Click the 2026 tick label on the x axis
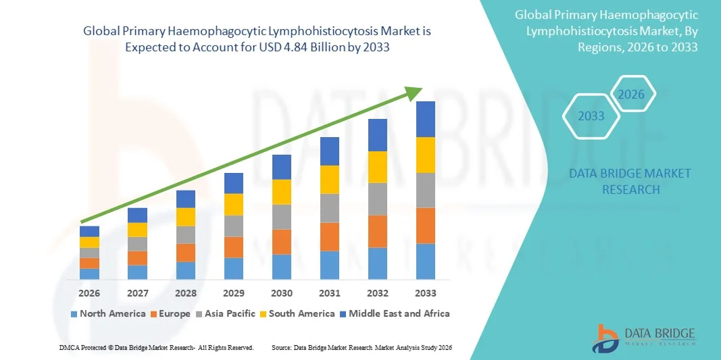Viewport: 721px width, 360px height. (89, 293)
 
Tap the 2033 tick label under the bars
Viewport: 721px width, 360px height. (426, 293)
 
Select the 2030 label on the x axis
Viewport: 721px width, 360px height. (282, 293)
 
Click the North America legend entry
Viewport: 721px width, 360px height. (108, 313)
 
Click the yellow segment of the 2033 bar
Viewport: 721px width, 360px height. (426, 155)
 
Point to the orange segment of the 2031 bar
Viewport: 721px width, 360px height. (330, 236)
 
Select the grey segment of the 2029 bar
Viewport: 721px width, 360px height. (234, 226)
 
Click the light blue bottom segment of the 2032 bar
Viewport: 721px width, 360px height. (378, 263)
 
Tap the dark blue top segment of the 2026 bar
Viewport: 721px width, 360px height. (89, 231)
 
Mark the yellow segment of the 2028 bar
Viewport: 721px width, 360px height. (186, 216)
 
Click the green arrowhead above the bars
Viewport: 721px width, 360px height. (414, 94)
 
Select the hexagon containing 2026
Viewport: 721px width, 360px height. (632, 95)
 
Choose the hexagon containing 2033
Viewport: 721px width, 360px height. (591, 116)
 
